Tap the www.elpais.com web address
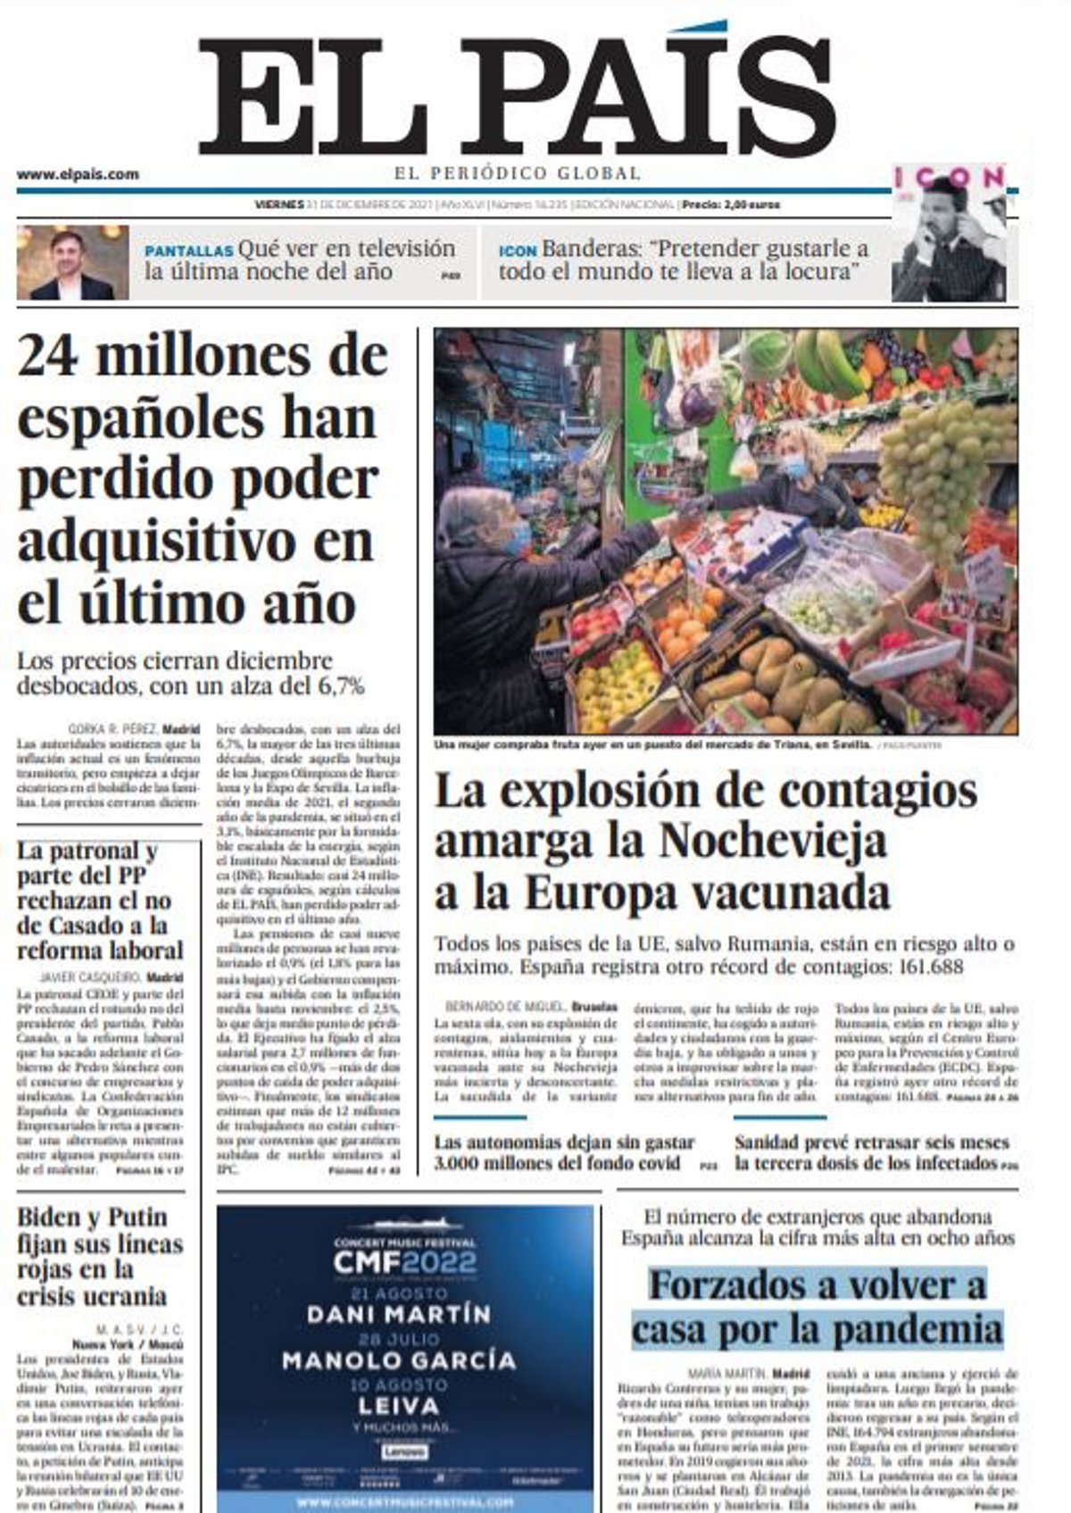pos(78,175)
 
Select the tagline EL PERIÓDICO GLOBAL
pos(518,173)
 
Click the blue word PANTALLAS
pos(188,251)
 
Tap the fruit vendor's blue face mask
pos(793,465)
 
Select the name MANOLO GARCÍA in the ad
pos(399,1360)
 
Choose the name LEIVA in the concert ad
pos(404,1406)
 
